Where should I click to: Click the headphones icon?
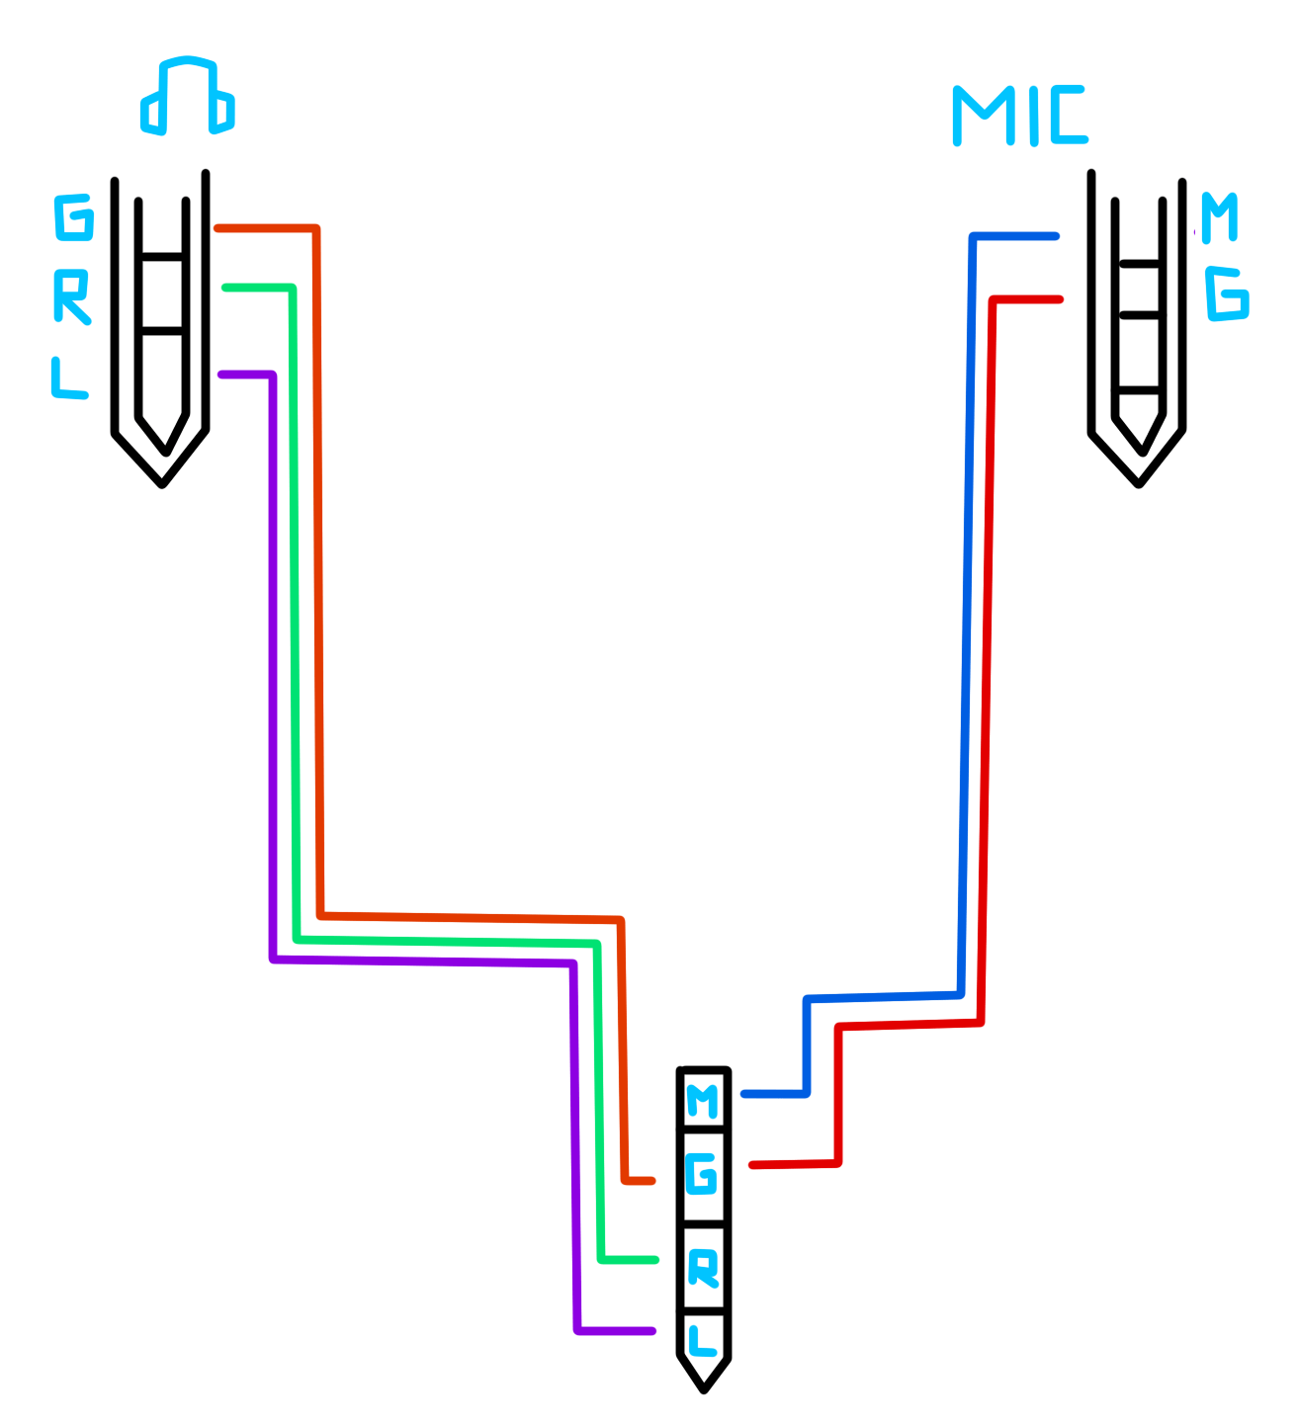187,97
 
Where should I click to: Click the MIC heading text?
1019,117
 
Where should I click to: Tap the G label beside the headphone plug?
74,217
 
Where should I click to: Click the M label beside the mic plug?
1219,217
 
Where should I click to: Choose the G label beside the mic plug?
1227,293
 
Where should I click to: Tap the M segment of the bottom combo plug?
703,1100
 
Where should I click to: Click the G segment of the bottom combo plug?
703,1176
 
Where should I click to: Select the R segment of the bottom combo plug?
703,1268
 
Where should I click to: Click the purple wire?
273,692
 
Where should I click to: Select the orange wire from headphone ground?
317,593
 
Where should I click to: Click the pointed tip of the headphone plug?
163,478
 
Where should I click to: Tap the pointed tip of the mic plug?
1139,478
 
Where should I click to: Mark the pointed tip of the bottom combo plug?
704,1385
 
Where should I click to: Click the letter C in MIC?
1068,117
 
